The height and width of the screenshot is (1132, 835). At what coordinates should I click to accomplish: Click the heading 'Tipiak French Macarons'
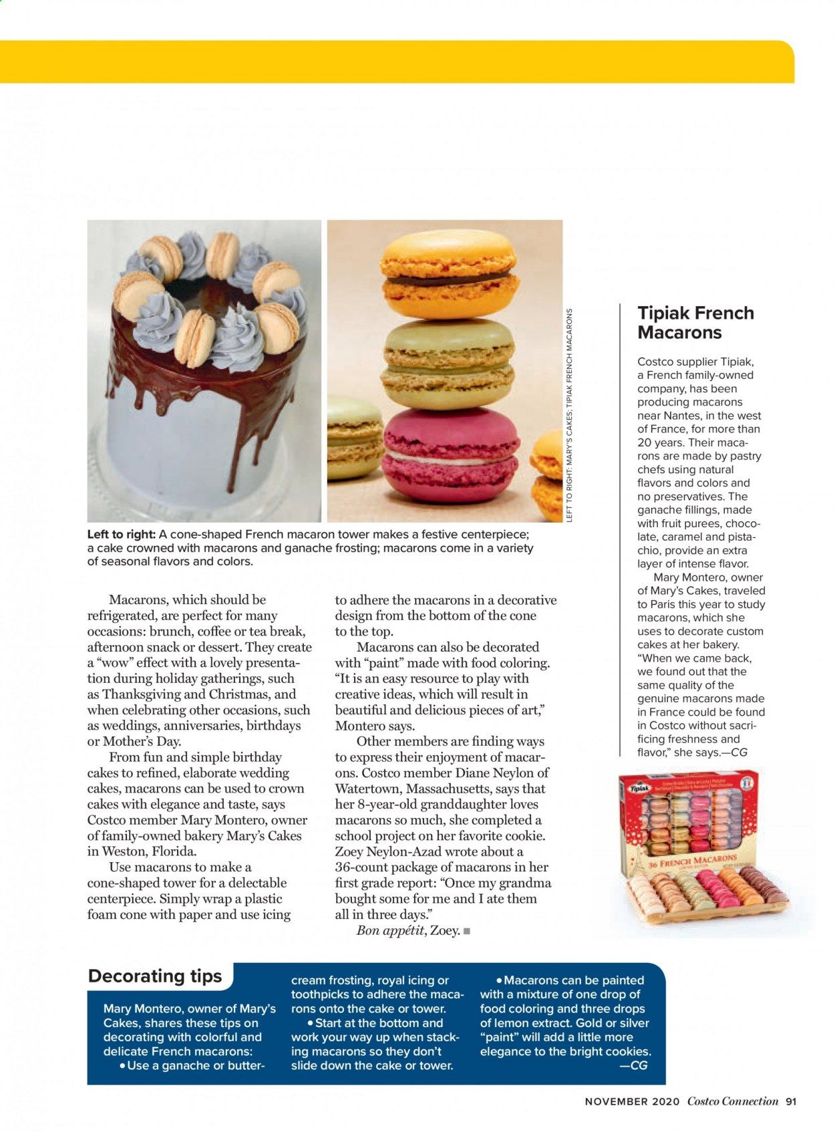695,323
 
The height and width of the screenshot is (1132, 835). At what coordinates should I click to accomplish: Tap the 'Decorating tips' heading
155,976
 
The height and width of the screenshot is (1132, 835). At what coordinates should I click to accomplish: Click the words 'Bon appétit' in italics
391,930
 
